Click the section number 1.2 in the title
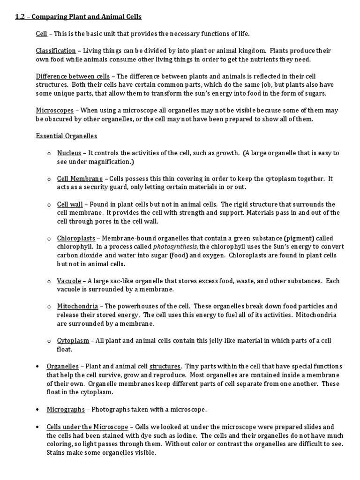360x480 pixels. point(21,17)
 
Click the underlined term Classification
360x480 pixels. point(56,51)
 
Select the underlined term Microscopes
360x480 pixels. point(55,111)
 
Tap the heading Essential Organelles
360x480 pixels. point(67,136)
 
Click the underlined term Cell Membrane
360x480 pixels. point(80,179)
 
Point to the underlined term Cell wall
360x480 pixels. point(70,204)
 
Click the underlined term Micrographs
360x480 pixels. point(66,409)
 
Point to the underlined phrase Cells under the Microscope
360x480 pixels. point(87,427)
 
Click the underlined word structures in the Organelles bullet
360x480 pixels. point(165,367)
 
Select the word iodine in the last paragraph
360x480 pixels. point(166,435)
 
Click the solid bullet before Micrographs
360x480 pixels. point(37,410)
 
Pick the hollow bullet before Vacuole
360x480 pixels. point(49,281)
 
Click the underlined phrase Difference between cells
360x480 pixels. point(73,76)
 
